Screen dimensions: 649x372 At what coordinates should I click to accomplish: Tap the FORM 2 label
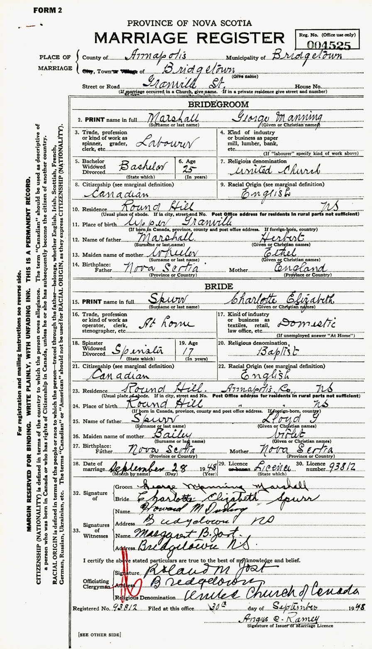tap(47, 10)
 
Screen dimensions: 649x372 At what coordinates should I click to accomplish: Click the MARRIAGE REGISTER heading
tap(188, 38)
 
